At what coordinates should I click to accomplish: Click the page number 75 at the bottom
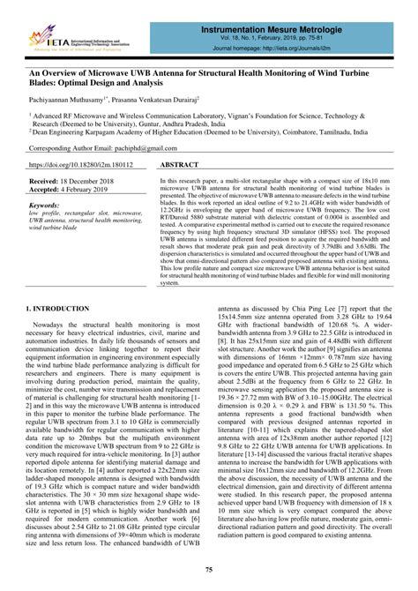tap(208, 574)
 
